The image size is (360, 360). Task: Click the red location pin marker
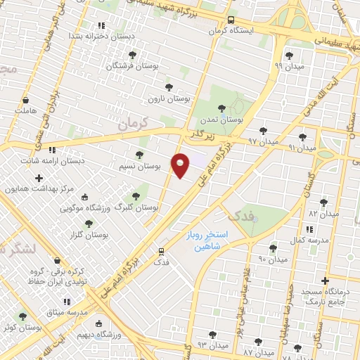pyautogui.click(x=181, y=165)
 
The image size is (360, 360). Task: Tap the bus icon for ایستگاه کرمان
pyautogui.click(x=232, y=20)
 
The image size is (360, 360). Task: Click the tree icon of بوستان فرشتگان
pyautogui.click(x=133, y=55)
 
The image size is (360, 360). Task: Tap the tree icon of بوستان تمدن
pyautogui.click(x=222, y=108)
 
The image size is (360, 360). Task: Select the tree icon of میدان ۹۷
pyautogui.click(x=263, y=131)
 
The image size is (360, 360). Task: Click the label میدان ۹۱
pyautogui.click(x=302, y=148)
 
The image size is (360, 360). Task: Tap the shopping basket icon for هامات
pyautogui.click(x=25, y=101)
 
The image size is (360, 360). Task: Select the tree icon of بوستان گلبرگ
pyautogui.click(x=136, y=196)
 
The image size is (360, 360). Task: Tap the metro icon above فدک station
pyautogui.click(x=162, y=250)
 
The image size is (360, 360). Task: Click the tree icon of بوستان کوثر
pyautogui.click(x=23, y=317)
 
